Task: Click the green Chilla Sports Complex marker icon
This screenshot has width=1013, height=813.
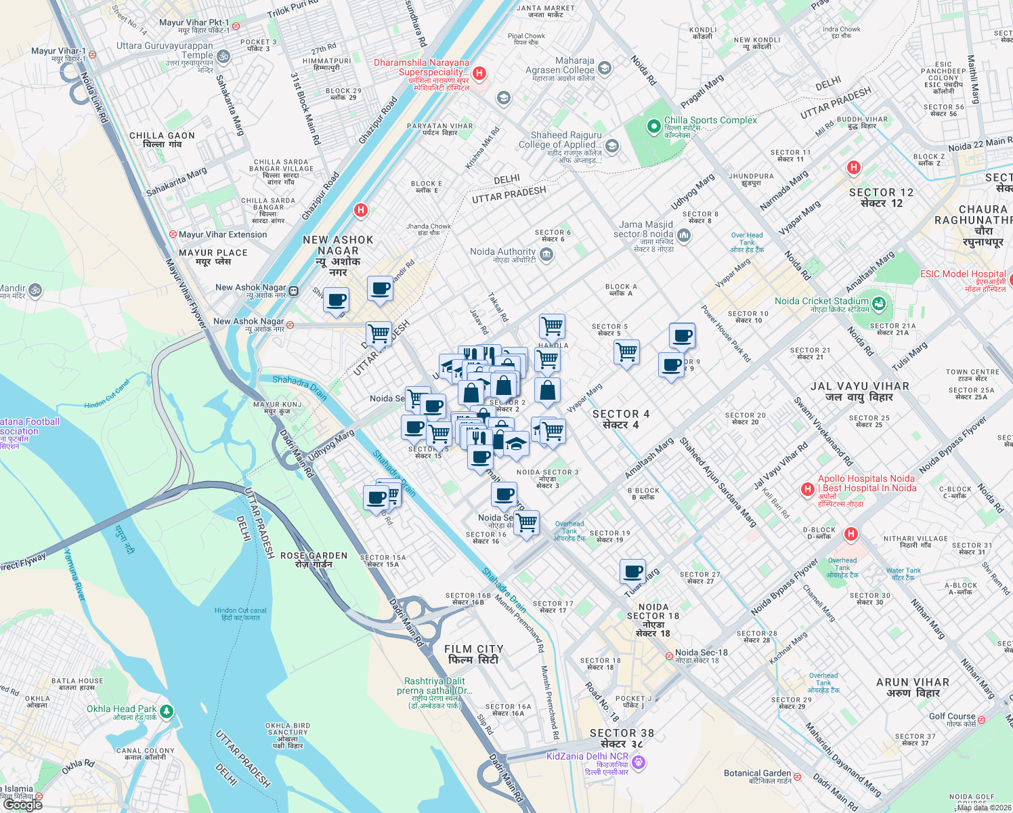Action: [x=653, y=126]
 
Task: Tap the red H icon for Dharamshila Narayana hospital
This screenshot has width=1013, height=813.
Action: [x=479, y=73]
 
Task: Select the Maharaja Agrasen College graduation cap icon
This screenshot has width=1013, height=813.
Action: [x=605, y=68]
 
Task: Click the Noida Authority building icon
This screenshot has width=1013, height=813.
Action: [x=547, y=255]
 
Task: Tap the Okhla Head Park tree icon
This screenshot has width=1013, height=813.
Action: [x=167, y=712]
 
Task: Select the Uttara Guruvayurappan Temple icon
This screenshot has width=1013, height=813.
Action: [x=223, y=56]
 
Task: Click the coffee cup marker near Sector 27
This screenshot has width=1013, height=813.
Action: [x=632, y=571]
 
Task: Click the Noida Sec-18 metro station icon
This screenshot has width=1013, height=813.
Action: [x=669, y=656]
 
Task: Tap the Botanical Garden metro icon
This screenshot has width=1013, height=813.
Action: [x=797, y=777]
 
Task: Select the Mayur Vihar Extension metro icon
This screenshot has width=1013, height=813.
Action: [x=173, y=234]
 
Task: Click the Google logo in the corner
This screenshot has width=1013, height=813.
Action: [x=24, y=804]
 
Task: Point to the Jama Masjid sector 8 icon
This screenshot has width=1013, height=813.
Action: [x=684, y=235]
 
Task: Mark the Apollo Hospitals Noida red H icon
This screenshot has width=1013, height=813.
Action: [x=807, y=489]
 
